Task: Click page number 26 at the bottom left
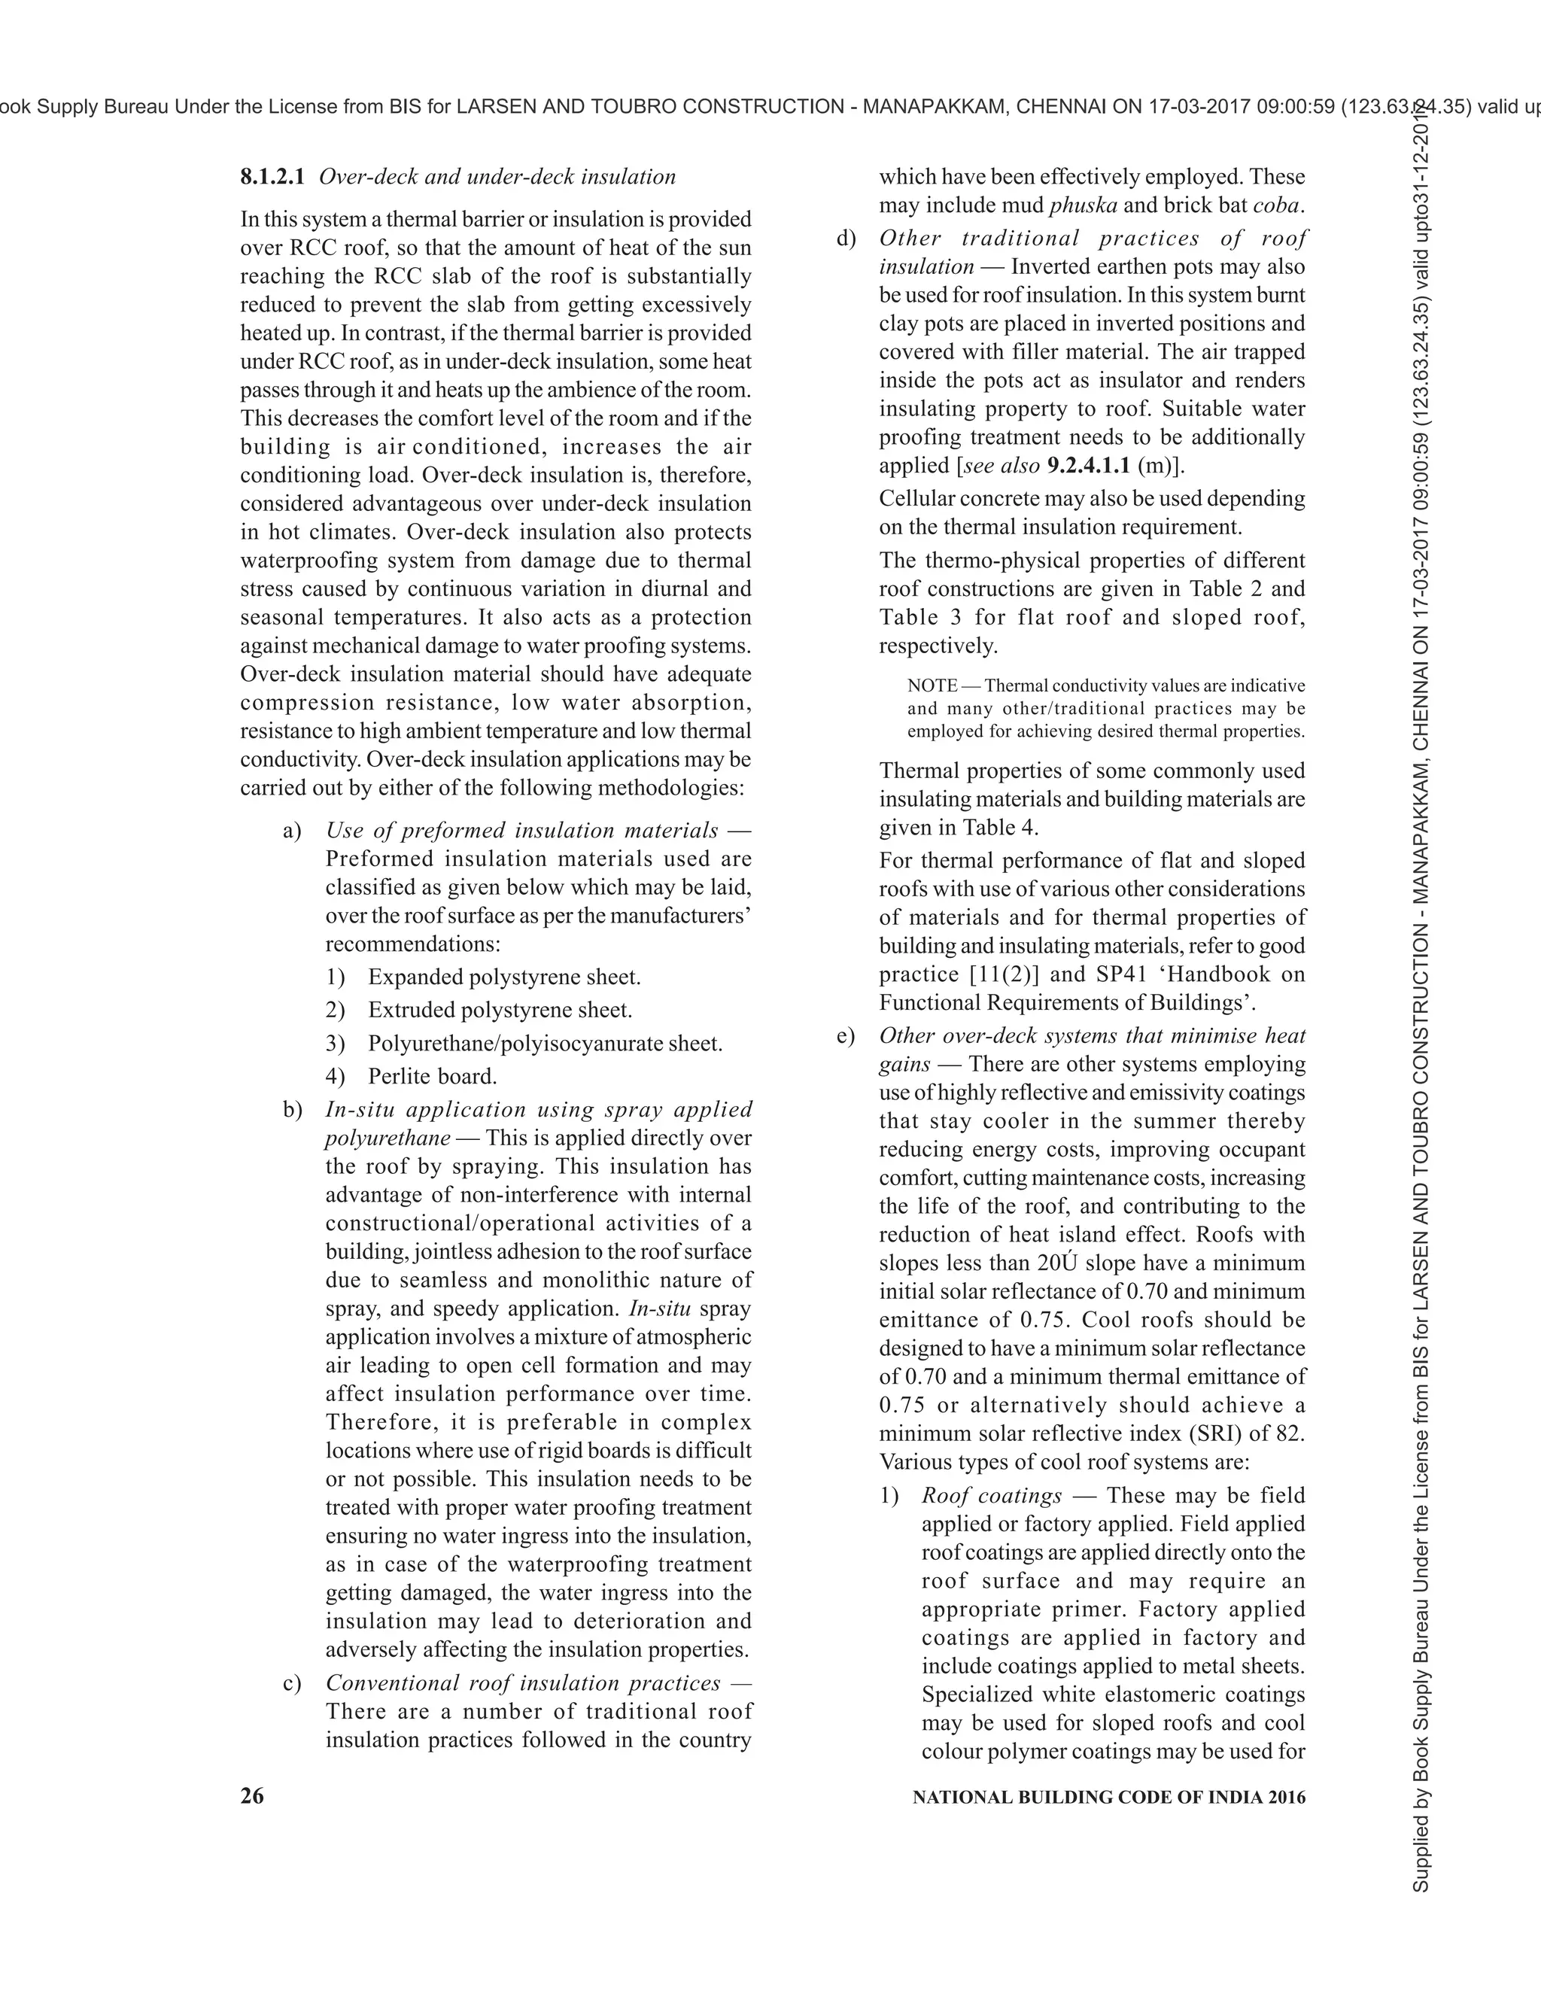[252, 1797]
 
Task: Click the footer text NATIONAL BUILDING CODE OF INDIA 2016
[1108, 1798]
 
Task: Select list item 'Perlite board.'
[432, 1077]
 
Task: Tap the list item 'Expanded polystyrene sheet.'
[504, 978]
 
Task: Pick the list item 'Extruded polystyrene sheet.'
[500, 1011]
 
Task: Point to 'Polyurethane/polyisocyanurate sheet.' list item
[544, 1044]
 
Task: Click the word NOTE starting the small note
[932, 685]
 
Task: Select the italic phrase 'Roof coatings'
[992, 1496]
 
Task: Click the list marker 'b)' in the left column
[292, 1110]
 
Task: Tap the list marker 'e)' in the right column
[845, 1036]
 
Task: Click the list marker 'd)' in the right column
[846, 239]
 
